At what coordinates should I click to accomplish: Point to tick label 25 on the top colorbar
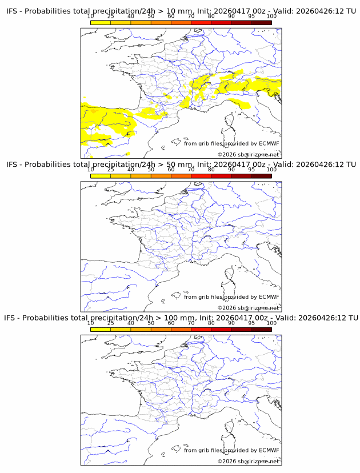(111, 17)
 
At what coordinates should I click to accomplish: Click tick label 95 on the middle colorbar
(251, 170)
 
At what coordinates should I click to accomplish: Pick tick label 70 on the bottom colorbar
(191, 323)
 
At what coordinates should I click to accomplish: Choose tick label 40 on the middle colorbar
(131, 170)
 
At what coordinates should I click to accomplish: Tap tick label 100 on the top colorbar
(271, 17)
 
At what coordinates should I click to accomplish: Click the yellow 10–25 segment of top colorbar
(101, 22)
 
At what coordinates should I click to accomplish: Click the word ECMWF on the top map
(269, 143)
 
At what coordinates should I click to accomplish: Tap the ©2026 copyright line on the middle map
(248, 308)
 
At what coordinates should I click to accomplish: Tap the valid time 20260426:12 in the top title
(319, 11)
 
